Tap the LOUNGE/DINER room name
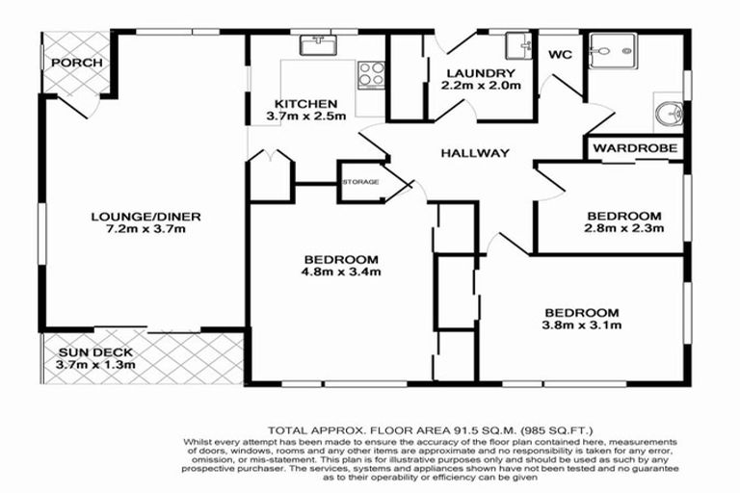146,216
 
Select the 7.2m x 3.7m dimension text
146,231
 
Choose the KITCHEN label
305,103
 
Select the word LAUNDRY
480,72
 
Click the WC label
560,55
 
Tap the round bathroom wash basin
667,117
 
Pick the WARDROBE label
637,148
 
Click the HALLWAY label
475,153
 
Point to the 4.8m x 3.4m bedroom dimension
340,272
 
